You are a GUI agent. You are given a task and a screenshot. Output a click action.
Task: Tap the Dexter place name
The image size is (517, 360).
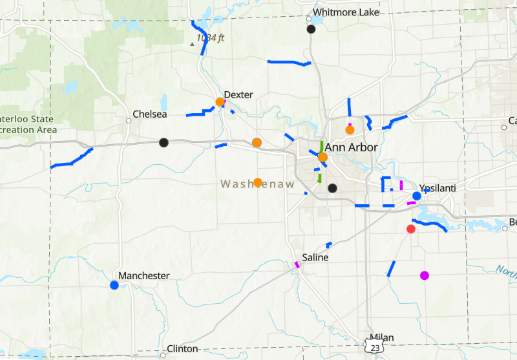pyautogui.click(x=238, y=94)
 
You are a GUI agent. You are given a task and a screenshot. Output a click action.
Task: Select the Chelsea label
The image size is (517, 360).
pyautogui.click(x=149, y=114)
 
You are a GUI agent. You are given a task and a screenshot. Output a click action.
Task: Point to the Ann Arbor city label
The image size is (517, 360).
pyautogui.click(x=351, y=147)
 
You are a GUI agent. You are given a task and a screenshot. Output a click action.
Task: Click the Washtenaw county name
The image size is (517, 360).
pyautogui.click(x=258, y=184)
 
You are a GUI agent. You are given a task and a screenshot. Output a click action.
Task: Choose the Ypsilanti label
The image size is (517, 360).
pyautogui.click(x=438, y=187)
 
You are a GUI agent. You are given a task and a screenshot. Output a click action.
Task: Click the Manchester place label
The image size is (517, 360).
pyautogui.click(x=143, y=275)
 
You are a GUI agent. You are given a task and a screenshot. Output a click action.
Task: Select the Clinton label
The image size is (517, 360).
pyautogui.click(x=182, y=348)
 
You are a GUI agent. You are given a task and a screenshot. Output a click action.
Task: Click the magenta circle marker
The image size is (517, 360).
pyautogui.click(x=425, y=275)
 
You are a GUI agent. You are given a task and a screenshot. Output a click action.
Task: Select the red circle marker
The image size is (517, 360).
pyautogui.click(x=410, y=229)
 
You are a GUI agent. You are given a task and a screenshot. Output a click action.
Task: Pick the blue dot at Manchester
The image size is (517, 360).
pyautogui.click(x=114, y=284)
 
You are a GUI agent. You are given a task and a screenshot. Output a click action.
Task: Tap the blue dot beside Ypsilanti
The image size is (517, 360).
pyautogui.click(x=417, y=195)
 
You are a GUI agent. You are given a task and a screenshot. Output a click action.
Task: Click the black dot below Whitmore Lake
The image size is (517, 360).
pyautogui.click(x=311, y=29)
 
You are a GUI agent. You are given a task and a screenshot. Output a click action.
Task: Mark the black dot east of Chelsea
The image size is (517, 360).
pyautogui.click(x=164, y=142)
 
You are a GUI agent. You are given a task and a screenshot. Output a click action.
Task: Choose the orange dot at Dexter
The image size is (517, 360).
pyautogui.click(x=220, y=101)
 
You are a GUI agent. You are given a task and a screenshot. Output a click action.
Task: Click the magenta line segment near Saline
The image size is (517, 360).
pyautogui.click(x=297, y=264)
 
